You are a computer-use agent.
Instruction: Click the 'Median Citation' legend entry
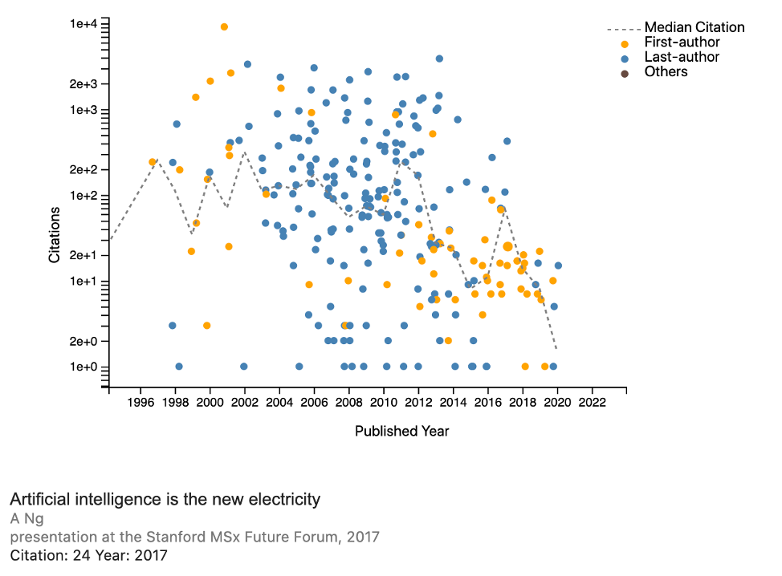pyautogui.click(x=694, y=27)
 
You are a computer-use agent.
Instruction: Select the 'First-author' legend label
pyautogui.click(x=682, y=42)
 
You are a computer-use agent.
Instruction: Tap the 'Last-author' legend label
pyautogui.click(x=682, y=57)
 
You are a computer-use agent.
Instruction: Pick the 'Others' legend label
pyautogui.click(x=666, y=71)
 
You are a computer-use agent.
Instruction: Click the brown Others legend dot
pyautogui.click(x=625, y=73)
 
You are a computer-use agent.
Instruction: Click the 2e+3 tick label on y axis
pyautogui.click(x=83, y=84)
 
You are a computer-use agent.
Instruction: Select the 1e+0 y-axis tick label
pyautogui.click(x=83, y=367)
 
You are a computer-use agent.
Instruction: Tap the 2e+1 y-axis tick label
pyautogui.click(x=83, y=255)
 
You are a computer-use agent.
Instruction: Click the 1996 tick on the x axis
pyautogui.click(x=141, y=401)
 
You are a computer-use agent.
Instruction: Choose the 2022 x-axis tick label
pyautogui.click(x=592, y=401)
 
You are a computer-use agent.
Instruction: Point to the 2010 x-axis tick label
pyautogui.click(x=384, y=401)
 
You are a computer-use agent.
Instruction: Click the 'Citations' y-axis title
pyautogui.click(x=55, y=234)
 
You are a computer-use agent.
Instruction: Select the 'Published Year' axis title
pyautogui.click(x=401, y=431)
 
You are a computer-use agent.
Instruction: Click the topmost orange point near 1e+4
pyautogui.click(x=224, y=26)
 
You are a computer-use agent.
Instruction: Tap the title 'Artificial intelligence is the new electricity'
pyautogui.click(x=165, y=499)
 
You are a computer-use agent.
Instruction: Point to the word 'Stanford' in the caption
pyautogui.click(x=173, y=536)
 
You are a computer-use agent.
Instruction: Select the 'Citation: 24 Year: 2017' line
pyautogui.click(x=88, y=554)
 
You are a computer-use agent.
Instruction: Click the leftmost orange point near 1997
pyautogui.click(x=153, y=162)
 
